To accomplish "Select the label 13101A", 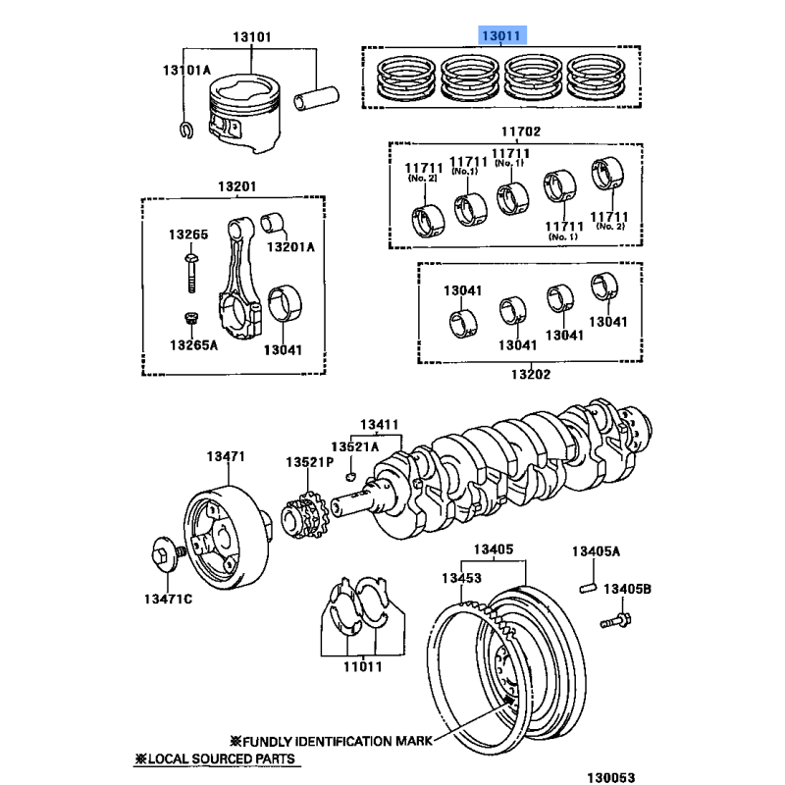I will click(186, 71).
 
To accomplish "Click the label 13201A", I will click(290, 246).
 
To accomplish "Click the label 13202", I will click(531, 374).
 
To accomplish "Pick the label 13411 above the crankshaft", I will click(379, 425).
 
